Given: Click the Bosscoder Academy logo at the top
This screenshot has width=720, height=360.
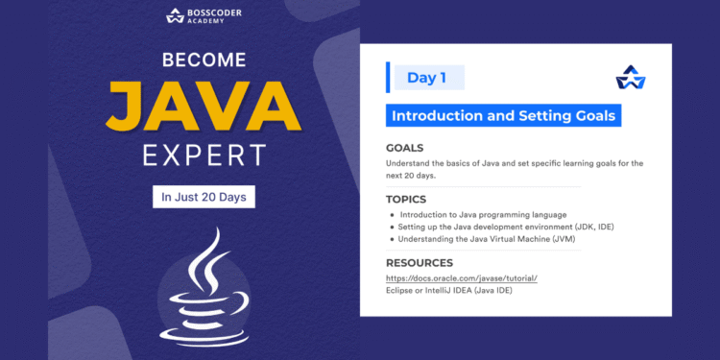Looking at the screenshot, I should tap(204, 15).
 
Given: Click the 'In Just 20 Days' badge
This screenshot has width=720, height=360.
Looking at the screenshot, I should tap(204, 197).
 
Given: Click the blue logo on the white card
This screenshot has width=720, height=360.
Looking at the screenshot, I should tap(631, 78).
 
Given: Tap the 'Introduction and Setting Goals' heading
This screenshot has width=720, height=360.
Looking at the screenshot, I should tap(503, 115).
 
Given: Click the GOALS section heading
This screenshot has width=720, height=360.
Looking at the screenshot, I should tap(405, 148).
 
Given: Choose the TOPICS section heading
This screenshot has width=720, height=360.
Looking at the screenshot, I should tap(406, 199).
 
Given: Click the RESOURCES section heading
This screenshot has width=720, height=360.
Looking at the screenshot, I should tap(419, 262).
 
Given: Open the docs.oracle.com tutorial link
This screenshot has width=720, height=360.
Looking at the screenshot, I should tap(461, 277).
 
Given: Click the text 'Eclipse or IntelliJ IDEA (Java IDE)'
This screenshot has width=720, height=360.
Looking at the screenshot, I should tap(448, 289).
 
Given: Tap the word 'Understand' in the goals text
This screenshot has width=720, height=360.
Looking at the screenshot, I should tap(410, 163).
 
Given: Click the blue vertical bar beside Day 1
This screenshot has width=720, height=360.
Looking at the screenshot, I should tap(389, 77).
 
